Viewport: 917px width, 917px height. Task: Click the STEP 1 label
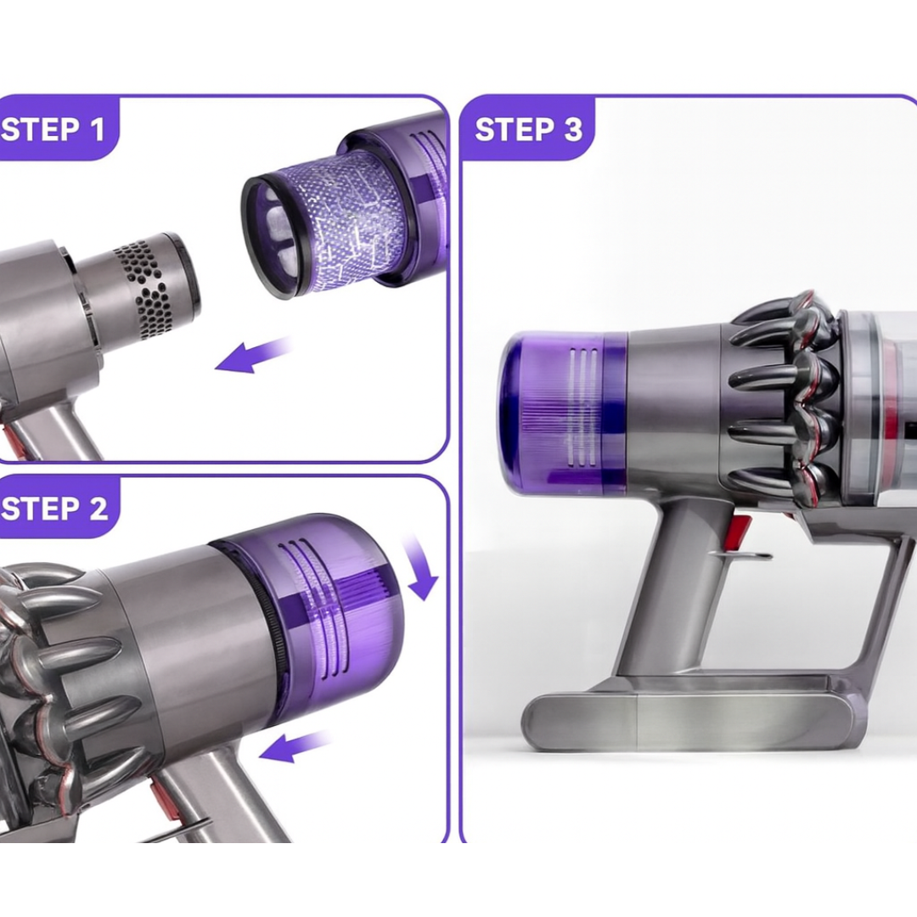53,129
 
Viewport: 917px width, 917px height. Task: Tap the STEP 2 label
54,509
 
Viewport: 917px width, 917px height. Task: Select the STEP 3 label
528,129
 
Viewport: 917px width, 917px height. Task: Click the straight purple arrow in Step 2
294,746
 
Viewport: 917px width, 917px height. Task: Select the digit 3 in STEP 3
573,129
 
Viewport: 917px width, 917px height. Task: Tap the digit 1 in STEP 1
97,129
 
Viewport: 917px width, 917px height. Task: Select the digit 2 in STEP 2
98,509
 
